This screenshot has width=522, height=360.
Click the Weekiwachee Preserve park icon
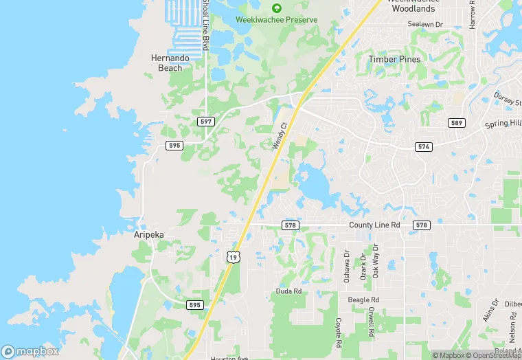pos(277,8)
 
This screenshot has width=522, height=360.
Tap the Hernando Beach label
pos(166,63)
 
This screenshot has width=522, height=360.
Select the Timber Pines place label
pos(394,59)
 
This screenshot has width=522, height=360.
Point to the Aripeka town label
pos(148,234)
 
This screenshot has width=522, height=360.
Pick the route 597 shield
pos(205,121)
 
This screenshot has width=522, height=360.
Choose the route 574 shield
pos(423,147)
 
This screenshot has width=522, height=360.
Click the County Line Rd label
pos(374,225)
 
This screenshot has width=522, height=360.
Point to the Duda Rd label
pos(289,291)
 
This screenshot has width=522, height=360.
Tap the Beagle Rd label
pos(363,300)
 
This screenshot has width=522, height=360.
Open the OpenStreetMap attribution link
pos(492,355)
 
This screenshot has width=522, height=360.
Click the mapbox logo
pos(30,351)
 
